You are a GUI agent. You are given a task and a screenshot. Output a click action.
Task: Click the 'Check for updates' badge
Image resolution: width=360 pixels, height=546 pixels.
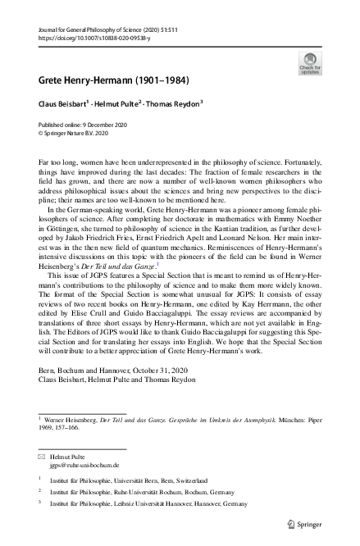click(x=312, y=62)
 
